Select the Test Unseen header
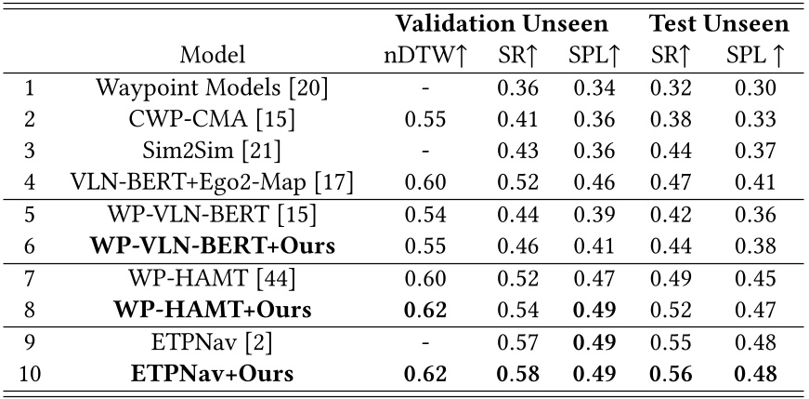tap(719, 23)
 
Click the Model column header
tap(214, 55)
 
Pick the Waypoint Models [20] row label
tap(213, 89)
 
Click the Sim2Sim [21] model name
tap(213, 152)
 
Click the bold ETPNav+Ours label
tap(213, 374)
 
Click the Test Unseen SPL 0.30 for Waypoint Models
tap(753, 89)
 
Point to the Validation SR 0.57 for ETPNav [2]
tap(515, 343)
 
